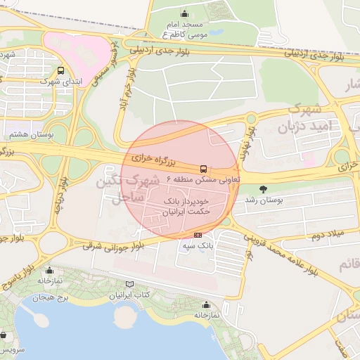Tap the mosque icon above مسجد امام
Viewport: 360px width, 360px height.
184,13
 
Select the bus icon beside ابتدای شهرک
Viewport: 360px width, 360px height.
61,70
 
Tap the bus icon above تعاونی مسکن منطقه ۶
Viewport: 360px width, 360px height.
204,169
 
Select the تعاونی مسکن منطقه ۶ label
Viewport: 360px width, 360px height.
204,180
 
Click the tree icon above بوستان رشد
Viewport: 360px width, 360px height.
264,188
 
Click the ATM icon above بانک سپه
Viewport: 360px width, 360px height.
198,235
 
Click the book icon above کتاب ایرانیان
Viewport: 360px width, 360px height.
128,284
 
